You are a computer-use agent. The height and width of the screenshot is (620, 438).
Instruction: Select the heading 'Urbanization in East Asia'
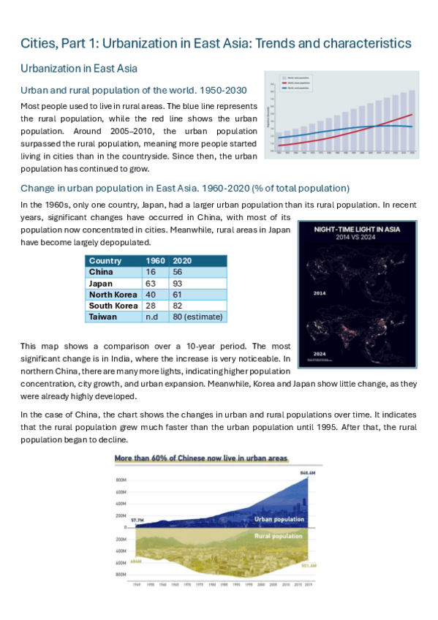(78, 69)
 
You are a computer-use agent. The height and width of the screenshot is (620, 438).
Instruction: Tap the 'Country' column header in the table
(105, 261)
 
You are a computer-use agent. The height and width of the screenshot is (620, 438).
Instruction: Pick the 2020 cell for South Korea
(177, 306)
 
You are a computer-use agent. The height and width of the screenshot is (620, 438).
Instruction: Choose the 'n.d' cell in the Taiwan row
(152, 317)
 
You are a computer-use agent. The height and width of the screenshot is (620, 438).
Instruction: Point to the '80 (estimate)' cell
(197, 317)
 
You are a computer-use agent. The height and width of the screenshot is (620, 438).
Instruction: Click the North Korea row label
(113, 295)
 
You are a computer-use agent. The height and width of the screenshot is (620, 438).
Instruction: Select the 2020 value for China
(177, 272)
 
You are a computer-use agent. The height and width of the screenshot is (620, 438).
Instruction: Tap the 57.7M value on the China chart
(137, 518)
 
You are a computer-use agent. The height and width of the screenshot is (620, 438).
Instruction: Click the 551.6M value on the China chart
(308, 564)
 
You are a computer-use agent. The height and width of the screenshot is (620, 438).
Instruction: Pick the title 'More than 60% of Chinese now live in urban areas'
(201, 458)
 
